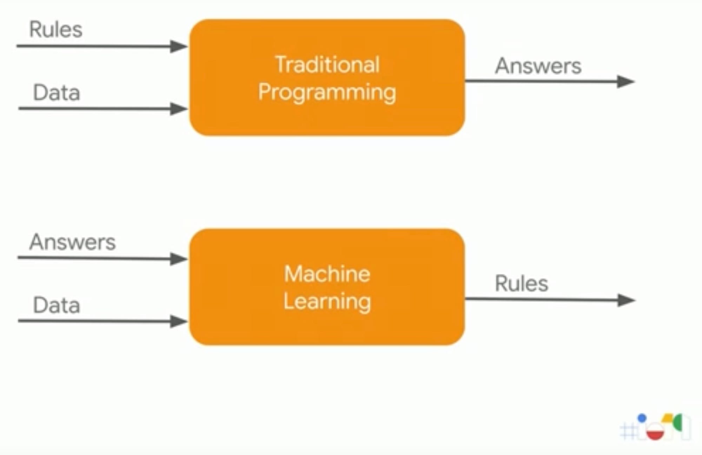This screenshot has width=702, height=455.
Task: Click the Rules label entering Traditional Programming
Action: coord(55,29)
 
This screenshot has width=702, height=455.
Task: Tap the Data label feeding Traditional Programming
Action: coord(56,93)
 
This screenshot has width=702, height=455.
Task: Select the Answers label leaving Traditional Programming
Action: coord(538,66)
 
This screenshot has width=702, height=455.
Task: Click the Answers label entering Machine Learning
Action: coord(72,242)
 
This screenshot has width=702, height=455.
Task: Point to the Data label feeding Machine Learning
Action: coord(56,305)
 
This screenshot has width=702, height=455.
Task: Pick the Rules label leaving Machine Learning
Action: coord(521,283)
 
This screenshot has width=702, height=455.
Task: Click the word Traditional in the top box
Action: coord(327,65)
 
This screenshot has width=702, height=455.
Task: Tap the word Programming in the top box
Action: coord(327,93)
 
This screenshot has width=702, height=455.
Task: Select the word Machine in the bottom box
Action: coord(327,274)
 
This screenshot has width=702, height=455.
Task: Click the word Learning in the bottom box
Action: coord(327,302)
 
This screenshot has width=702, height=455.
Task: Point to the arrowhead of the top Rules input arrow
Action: coord(178,46)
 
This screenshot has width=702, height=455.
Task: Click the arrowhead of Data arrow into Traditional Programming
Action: coord(178,109)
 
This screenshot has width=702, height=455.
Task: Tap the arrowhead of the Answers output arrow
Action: coord(625,82)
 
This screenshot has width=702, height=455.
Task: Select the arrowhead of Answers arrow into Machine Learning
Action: coord(178,259)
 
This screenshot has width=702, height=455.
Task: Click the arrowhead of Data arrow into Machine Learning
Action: coord(178,321)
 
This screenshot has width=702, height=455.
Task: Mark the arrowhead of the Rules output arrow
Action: coord(626,300)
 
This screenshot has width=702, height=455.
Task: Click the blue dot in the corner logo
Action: coord(642,418)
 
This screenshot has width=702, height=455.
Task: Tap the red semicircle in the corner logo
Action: coord(655,434)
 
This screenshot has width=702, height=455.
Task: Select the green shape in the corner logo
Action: coord(678,422)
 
